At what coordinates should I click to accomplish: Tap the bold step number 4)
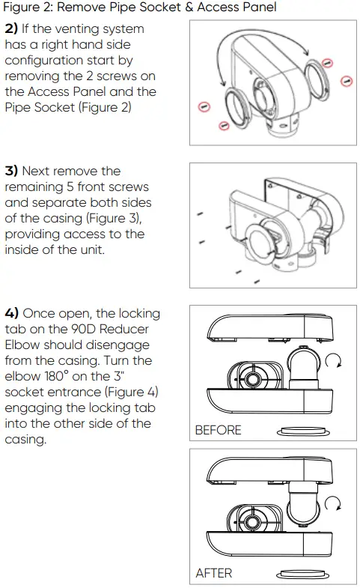click(x=13, y=313)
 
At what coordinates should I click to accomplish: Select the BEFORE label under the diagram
click(x=218, y=430)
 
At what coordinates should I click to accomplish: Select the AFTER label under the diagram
click(x=213, y=573)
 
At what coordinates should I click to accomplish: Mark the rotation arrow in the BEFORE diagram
click(x=335, y=363)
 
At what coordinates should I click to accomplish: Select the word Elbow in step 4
click(x=22, y=345)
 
